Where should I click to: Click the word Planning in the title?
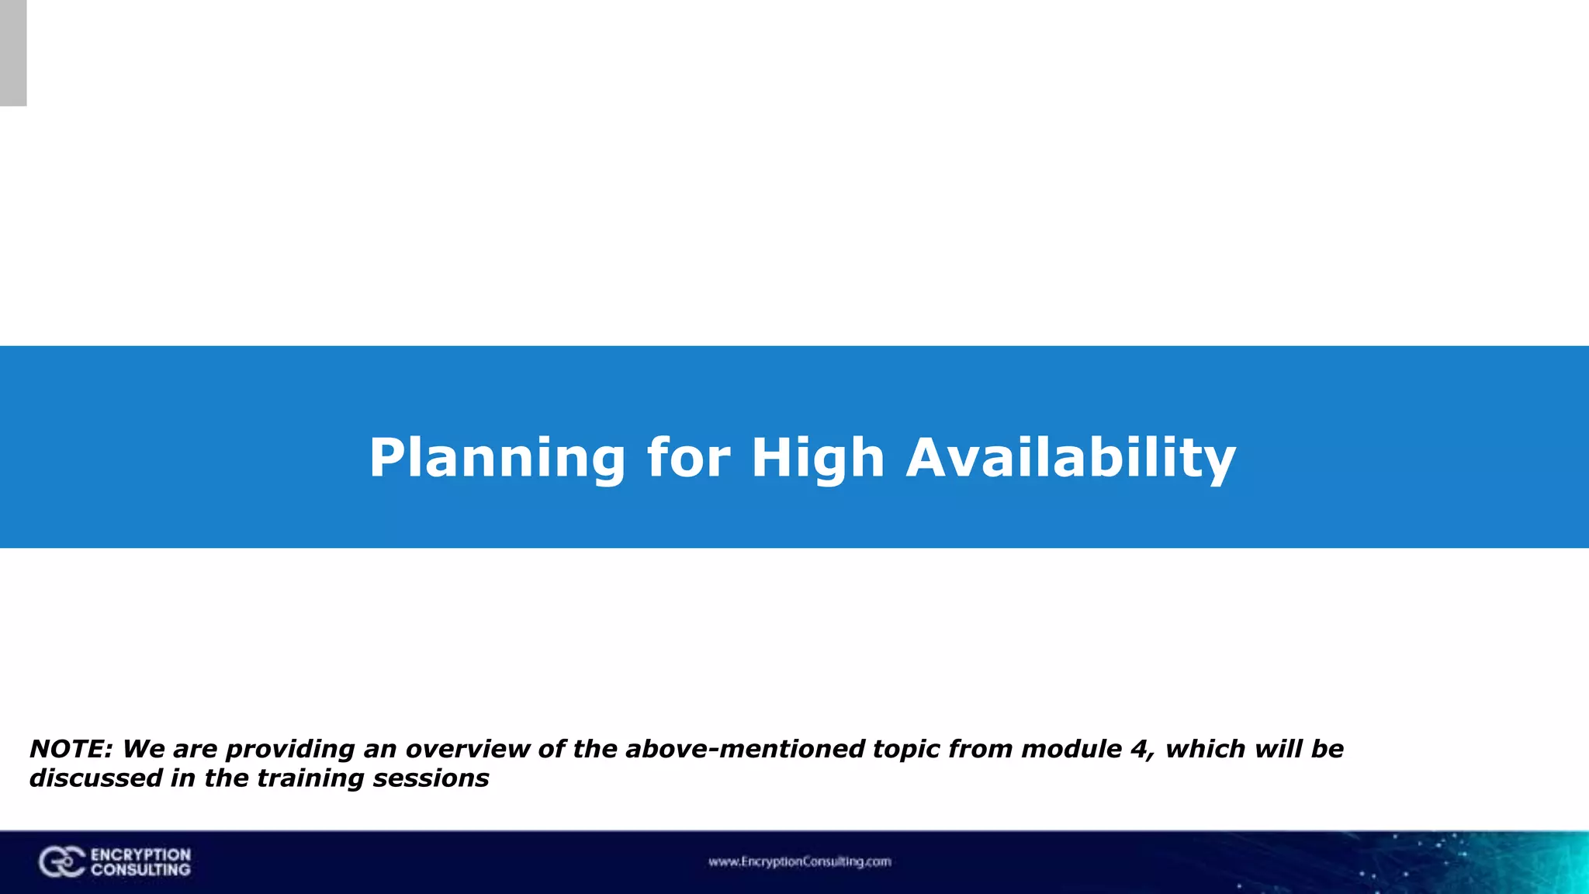(x=497, y=458)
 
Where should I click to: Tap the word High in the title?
(x=818, y=458)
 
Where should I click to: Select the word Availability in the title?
(x=1071, y=458)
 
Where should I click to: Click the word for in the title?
(x=688, y=458)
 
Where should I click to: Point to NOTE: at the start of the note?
(x=71, y=749)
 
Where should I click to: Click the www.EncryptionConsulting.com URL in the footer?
(x=799, y=861)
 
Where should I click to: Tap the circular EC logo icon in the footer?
(x=61, y=862)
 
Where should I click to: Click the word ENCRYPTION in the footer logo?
(x=140, y=854)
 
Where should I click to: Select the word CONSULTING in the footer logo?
(x=140, y=870)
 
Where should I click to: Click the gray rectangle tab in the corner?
(x=13, y=53)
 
